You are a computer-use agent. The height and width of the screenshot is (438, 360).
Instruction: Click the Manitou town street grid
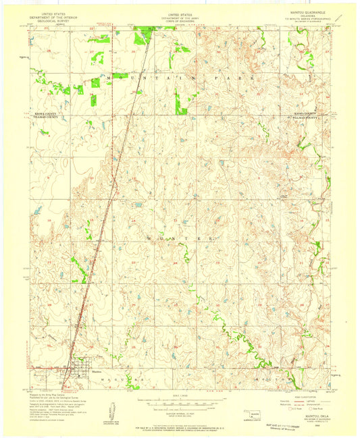click(75, 371)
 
